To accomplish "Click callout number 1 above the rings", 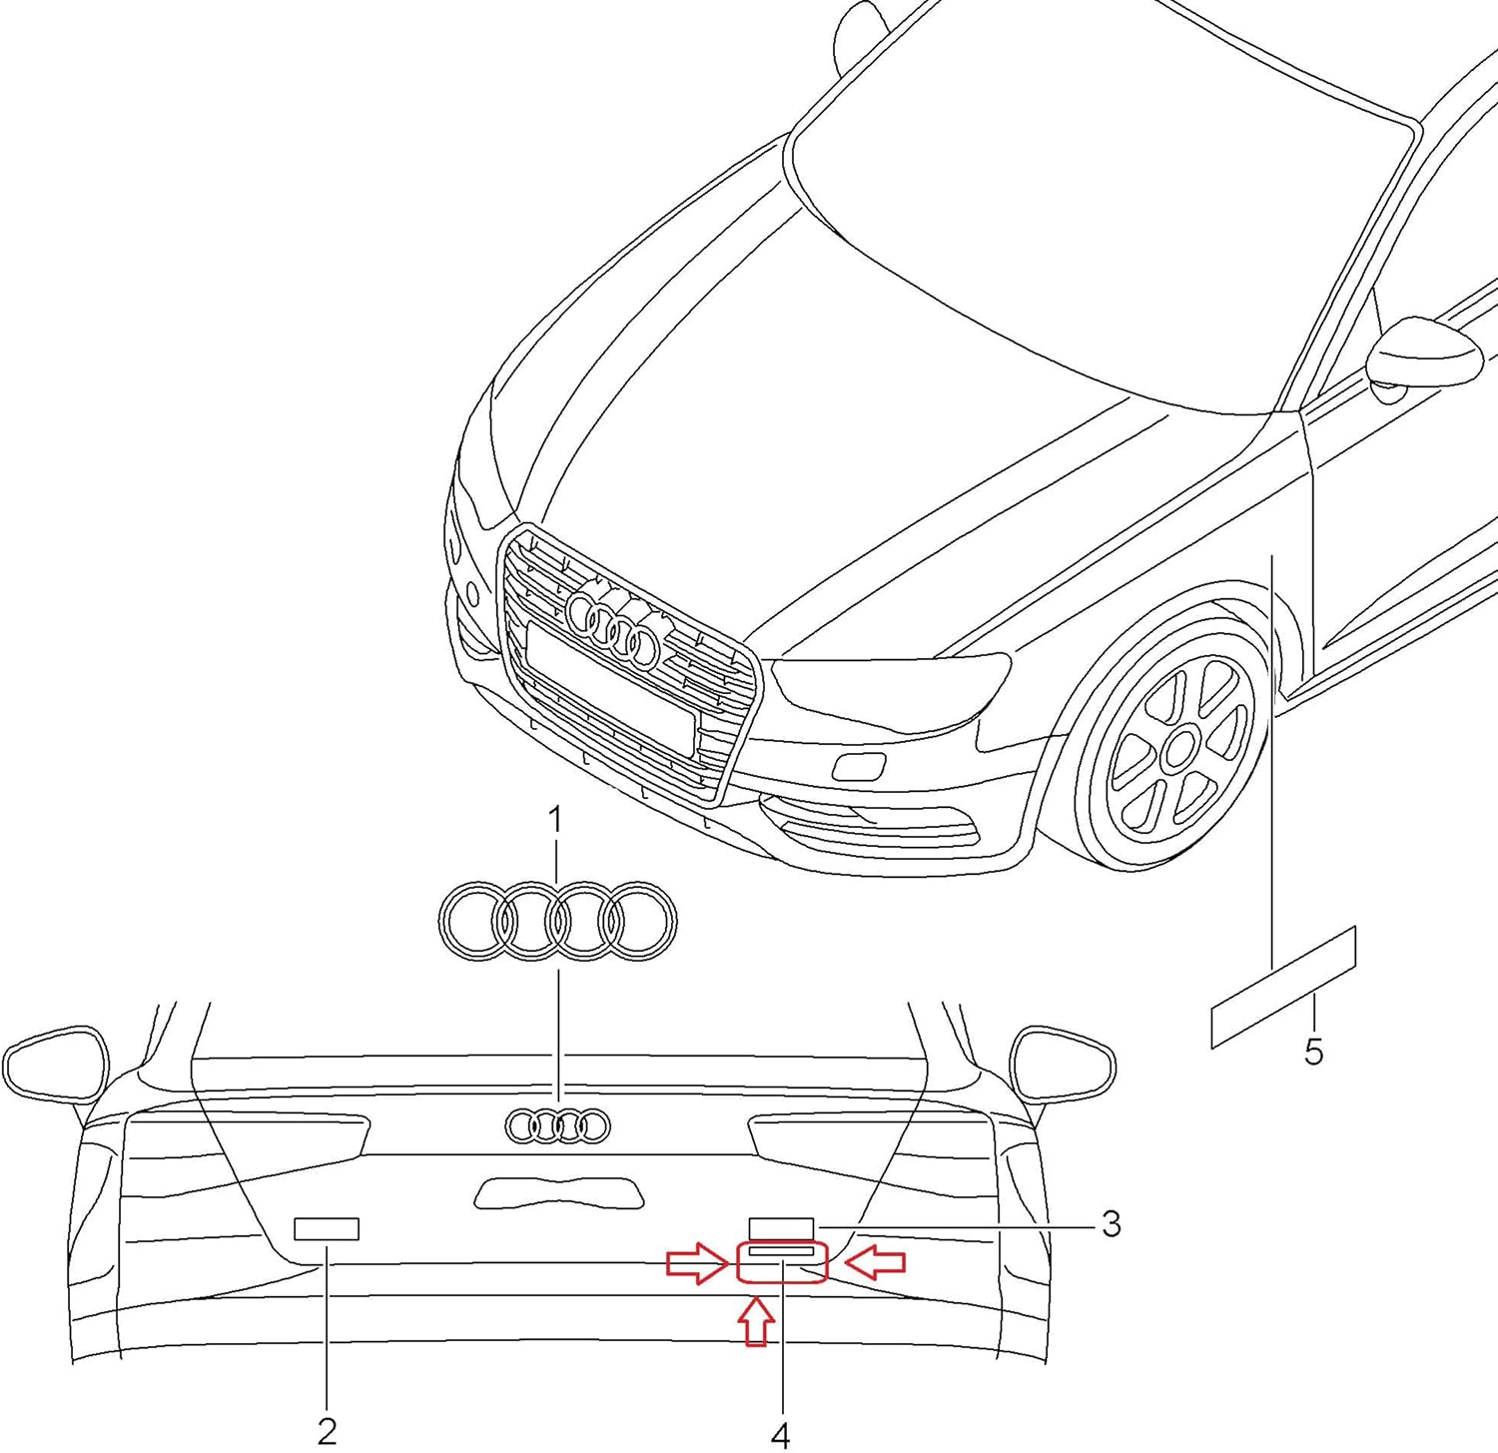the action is click(555, 821).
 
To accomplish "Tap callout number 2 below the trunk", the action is click(328, 1431).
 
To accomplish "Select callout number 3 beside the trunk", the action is click(1111, 1223).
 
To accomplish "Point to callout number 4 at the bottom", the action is click(781, 1435).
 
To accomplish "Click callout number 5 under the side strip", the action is click(1313, 1051).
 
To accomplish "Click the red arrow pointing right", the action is click(698, 1262).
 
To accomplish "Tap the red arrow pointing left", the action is click(875, 1262).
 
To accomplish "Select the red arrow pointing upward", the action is click(757, 1320).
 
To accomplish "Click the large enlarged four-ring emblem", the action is click(558, 921).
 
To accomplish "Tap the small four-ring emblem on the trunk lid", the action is click(558, 1125).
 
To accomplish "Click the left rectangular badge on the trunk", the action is click(327, 1228).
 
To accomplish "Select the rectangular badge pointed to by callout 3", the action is click(782, 1227).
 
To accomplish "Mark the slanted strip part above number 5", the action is click(1283, 988).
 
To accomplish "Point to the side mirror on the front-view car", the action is click(1424, 354).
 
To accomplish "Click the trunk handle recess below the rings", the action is click(558, 1192).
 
